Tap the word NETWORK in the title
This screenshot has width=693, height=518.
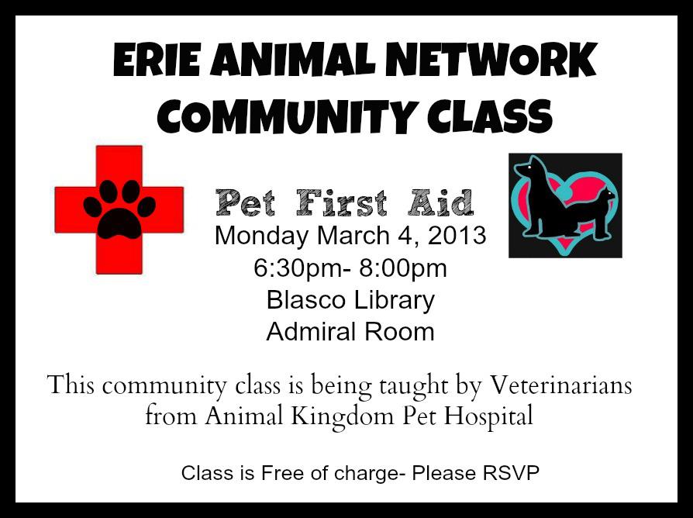pos(491,60)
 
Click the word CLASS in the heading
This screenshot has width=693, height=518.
pos(490,116)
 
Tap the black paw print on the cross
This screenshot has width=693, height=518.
pos(119,209)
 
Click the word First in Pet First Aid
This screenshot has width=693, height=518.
pos(342,203)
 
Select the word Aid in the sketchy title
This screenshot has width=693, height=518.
pos(440,203)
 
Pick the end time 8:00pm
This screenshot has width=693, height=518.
pos(402,269)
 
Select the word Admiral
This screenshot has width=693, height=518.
pos(307,332)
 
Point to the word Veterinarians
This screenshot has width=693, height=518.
pos(561,385)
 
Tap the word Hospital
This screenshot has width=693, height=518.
pos(488,416)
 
